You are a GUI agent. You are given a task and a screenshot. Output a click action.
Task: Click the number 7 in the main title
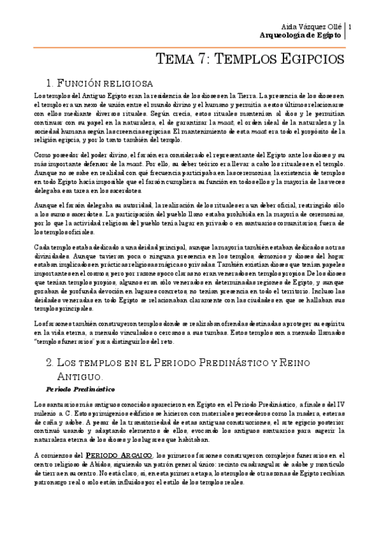(201, 60)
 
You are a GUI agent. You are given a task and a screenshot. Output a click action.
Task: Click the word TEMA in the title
(174, 60)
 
